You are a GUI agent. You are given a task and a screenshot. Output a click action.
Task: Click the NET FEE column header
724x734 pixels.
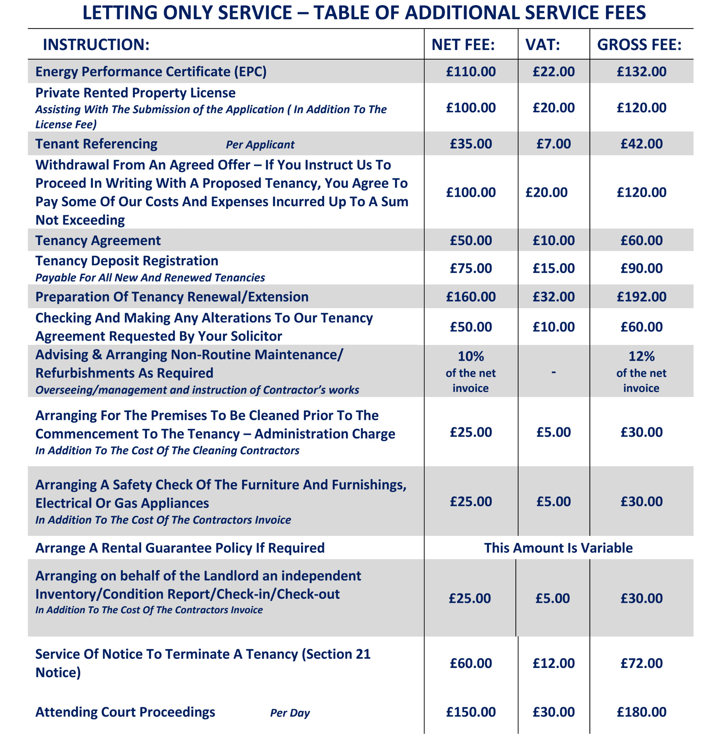click(x=463, y=45)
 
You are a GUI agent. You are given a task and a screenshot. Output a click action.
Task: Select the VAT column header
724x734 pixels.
click(x=543, y=45)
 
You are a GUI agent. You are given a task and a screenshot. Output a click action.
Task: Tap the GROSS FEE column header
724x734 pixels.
click(x=639, y=45)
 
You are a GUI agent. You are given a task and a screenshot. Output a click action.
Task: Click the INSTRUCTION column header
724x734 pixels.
click(x=96, y=45)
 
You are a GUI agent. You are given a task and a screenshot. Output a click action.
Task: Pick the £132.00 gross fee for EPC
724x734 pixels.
click(x=641, y=72)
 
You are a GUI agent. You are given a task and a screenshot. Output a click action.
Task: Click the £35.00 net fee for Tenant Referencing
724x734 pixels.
click(x=471, y=144)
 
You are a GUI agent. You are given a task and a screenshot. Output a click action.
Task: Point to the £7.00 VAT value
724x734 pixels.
click(x=554, y=144)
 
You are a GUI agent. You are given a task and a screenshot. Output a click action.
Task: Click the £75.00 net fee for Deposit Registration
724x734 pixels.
click(x=471, y=269)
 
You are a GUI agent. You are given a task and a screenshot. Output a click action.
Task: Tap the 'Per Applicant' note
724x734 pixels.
click(x=260, y=145)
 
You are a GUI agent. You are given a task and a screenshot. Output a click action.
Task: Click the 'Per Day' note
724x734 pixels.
click(x=290, y=713)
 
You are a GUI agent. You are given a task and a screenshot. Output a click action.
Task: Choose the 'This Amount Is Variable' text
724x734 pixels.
click(x=558, y=548)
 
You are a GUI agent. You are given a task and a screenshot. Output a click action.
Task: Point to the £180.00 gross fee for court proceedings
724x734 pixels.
click(x=641, y=712)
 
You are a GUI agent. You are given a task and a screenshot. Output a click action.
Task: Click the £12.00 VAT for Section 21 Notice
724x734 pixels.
click(x=554, y=663)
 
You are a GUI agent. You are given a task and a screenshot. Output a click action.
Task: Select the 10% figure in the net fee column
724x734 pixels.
click(x=471, y=356)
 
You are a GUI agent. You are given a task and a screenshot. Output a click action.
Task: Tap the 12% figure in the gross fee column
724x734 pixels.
click(x=641, y=356)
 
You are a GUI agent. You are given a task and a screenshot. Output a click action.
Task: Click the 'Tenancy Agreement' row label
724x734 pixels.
click(x=98, y=240)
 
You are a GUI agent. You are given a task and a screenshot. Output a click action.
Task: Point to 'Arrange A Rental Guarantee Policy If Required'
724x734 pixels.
click(x=180, y=548)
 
